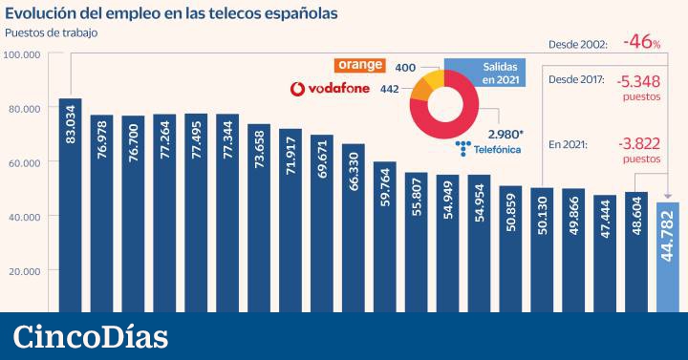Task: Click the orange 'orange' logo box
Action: click(358, 66)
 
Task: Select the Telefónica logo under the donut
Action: click(491, 150)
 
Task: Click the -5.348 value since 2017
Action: click(641, 82)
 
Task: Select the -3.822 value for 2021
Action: click(641, 143)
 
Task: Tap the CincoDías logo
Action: click(91, 336)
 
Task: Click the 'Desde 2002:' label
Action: click(578, 44)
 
